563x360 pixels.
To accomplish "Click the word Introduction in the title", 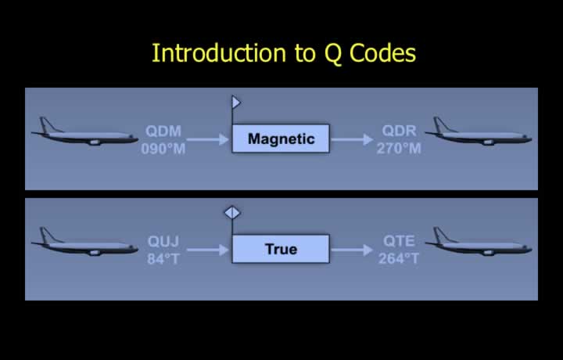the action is [x=219, y=52].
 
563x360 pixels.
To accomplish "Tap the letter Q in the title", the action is [x=332, y=54].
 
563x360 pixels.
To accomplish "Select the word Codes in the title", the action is [x=382, y=52].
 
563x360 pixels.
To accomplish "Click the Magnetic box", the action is [x=281, y=139].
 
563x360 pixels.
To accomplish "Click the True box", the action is [x=281, y=249].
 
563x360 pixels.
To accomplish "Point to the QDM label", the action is [x=163, y=131].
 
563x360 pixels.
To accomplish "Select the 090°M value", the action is [x=163, y=149].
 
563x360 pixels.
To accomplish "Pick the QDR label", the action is [x=399, y=131].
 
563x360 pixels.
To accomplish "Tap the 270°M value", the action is [x=399, y=149].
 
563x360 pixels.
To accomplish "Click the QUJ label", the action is [x=163, y=242].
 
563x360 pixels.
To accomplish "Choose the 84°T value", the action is [x=163, y=259].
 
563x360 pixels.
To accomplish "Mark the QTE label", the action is [x=399, y=241].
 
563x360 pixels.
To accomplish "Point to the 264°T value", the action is [x=399, y=259].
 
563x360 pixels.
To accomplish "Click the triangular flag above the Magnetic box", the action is [x=236, y=103].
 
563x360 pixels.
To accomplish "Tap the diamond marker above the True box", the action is [x=232, y=213].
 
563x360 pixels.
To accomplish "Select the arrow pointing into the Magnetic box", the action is [x=208, y=139].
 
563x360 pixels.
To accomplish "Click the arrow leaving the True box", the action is [x=352, y=250].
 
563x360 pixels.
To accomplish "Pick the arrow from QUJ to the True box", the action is [x=208, y=250].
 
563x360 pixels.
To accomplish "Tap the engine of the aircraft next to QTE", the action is [x=488, y=253].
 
